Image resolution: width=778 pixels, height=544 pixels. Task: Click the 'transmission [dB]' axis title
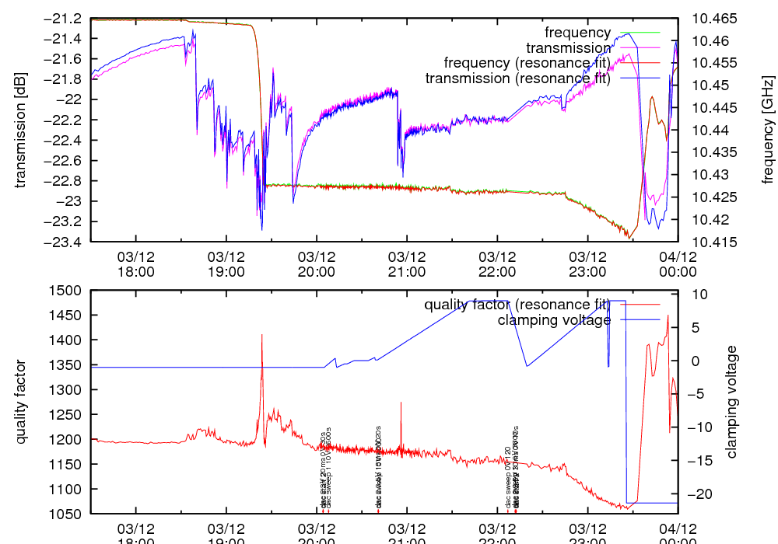point(20,130)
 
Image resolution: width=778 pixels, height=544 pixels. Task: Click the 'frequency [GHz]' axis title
point(768,130)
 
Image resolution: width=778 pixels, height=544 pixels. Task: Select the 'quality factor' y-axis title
point(20,402)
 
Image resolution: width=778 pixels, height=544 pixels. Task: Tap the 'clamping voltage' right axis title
point(732,402)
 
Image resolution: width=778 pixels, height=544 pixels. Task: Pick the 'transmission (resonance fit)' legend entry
point(517,78)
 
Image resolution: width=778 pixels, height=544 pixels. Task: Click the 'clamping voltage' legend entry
point(554,319)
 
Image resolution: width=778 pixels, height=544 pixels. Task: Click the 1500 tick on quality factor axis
point(68,290)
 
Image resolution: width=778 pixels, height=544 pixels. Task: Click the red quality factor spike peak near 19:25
point(262,335)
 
